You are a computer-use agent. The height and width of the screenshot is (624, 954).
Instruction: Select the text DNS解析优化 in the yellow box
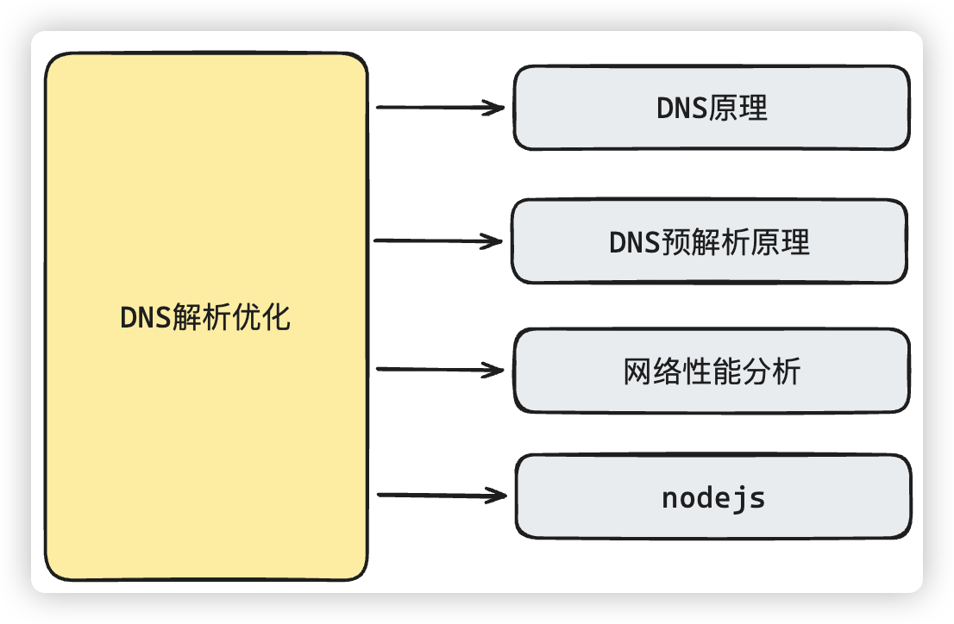click(x=206, y=318)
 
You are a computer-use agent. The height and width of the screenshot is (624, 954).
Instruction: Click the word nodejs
click(x=713, y=498)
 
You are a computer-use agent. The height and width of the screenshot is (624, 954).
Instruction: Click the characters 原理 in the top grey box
click(x=739, y=109)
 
